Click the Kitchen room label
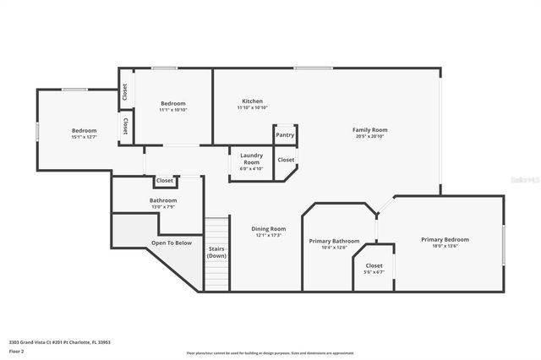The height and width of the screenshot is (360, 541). [252, 101]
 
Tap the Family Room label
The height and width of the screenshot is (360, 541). [369, 129]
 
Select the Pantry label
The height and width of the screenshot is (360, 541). [285, 135]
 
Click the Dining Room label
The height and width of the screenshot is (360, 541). [269, 229]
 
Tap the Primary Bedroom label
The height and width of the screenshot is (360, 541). [445, 240]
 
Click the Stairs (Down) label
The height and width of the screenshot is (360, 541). [217, 252]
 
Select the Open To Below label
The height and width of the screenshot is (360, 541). [171, 243]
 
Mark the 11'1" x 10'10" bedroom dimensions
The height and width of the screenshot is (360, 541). [172, 110]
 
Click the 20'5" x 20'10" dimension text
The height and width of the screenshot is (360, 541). [369, 136]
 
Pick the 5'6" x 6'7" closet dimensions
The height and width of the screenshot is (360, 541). [374, 272]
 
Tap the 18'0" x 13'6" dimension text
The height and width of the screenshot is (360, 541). [445, 246]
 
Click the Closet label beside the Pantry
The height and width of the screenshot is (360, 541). [286, 160]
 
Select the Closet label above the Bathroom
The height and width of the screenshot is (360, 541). [164, 181]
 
